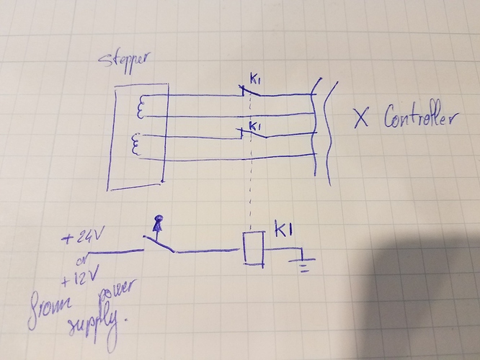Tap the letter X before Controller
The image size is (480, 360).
pos(359,117)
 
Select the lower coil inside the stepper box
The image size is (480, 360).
pos(136,145)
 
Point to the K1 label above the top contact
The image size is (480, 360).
pos(255,79)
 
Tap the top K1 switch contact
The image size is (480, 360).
pos(252,92)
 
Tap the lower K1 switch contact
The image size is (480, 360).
pos(252,135)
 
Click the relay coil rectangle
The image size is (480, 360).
pos(252,247)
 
